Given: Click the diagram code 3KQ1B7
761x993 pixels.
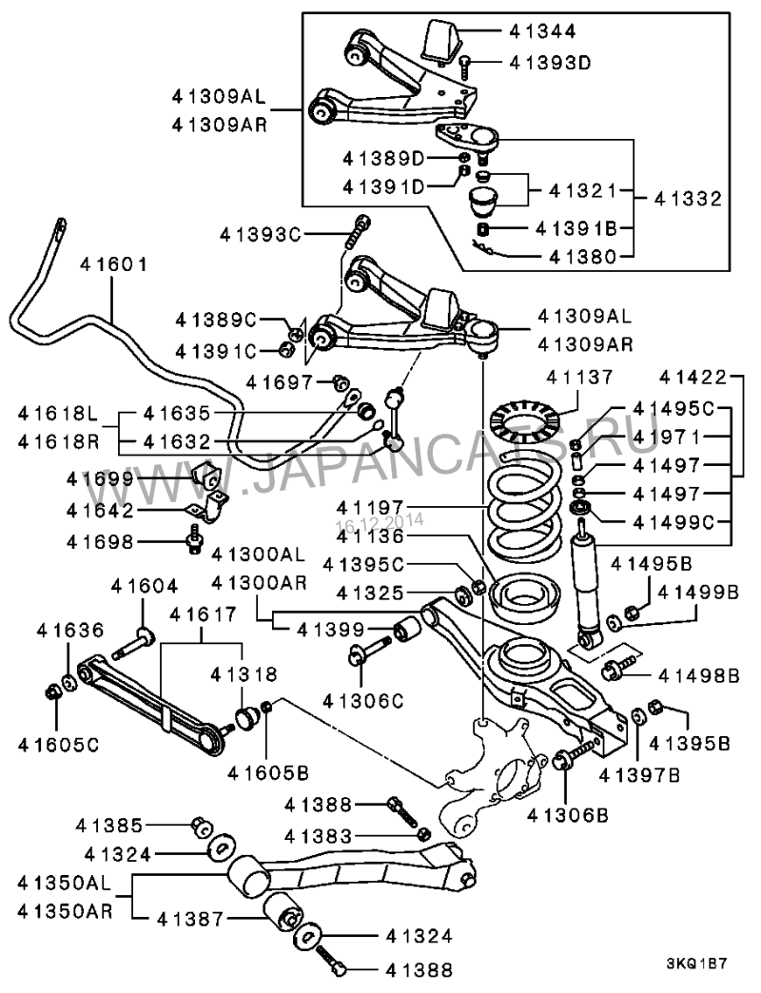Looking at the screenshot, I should coord(696,963).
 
